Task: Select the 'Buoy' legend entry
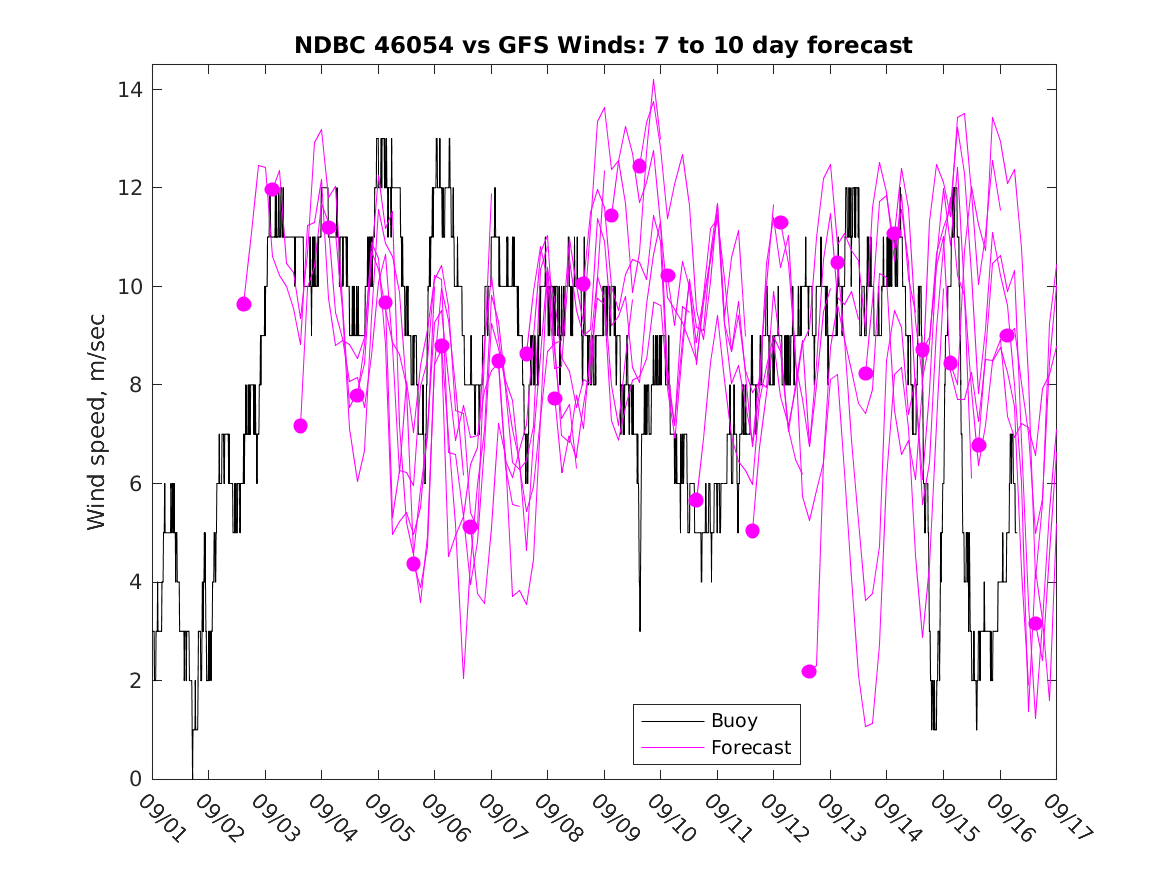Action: click(734, 720)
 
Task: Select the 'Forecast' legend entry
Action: click(750, 747)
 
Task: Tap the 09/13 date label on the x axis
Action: click(839, 820)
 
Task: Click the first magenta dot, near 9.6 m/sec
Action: click(244, 304)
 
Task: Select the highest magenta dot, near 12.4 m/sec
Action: click(639, 166)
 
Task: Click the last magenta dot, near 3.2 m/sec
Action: click(1035, 623)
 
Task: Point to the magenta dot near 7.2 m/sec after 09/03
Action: click(300, 426)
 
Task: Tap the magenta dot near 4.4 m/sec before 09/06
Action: click(413, 564)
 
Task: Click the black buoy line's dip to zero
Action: click(193, 775)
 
